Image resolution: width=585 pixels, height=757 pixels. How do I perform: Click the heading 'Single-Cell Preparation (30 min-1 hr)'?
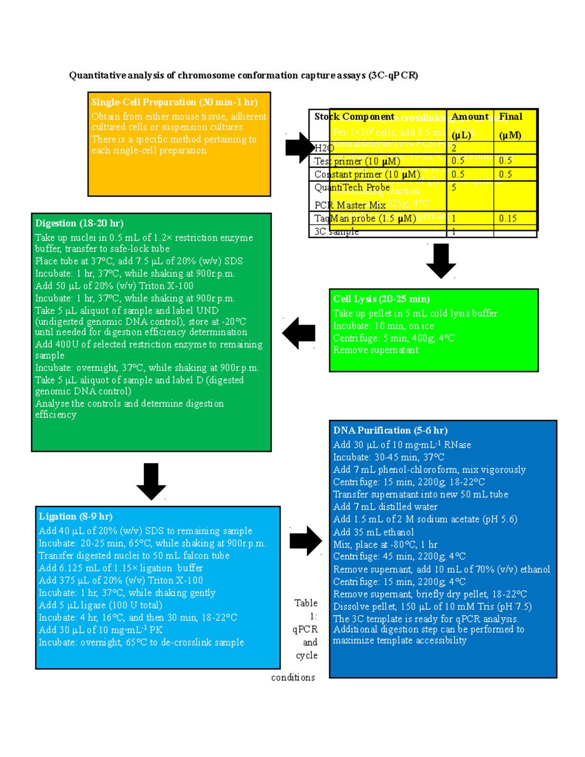(175, 102)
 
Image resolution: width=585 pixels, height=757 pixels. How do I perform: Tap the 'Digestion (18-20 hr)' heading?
(79, 223)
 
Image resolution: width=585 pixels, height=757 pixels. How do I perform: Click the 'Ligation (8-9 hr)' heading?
(76, 516)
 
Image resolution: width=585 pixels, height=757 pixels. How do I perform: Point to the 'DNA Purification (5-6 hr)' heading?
(390, 430)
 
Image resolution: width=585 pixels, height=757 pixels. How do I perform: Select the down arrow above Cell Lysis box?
(441, 261)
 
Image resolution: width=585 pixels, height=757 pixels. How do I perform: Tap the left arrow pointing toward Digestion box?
(299, 333)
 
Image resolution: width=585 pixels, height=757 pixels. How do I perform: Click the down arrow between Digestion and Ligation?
(151, 481)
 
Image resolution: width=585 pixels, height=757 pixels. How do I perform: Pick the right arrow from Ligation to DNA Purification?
(306, 541)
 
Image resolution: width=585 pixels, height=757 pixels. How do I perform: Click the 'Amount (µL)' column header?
(469, 125)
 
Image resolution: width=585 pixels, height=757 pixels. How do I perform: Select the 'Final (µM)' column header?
(510, 125)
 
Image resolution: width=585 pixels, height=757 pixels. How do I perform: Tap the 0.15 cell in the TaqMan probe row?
(507, 218)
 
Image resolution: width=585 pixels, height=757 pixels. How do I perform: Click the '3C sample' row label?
(336, 232)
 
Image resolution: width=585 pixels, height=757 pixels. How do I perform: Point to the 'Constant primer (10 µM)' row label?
(367, 174)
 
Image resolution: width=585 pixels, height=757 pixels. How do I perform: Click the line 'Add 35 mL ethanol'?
(373, 532)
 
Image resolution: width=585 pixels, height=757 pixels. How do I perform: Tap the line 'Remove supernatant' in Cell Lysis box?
(375, 350)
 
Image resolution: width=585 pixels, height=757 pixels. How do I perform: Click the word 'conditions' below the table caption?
(293, 677)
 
